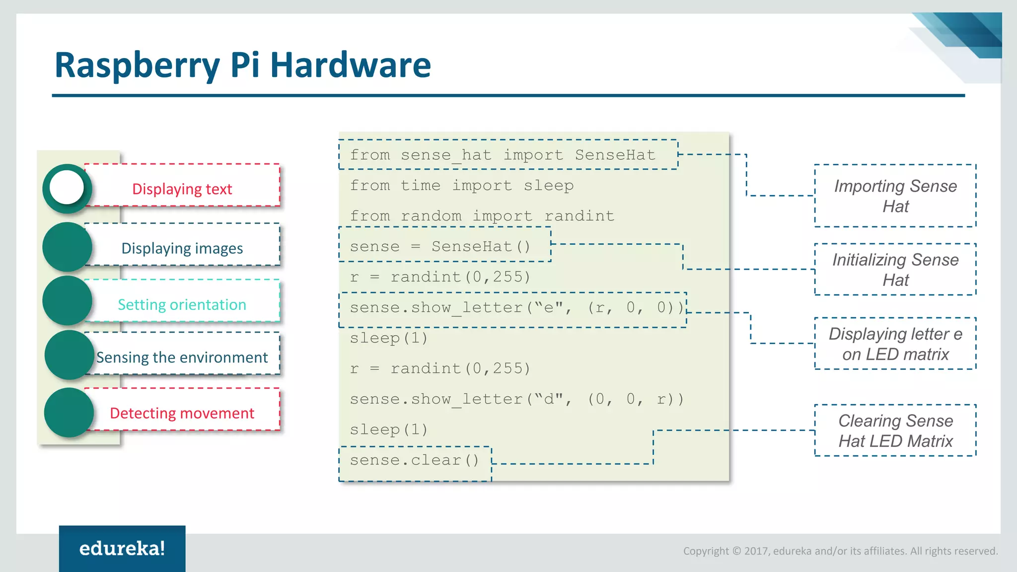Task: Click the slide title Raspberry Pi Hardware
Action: pos(242,65)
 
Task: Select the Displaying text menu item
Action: pos(182,189)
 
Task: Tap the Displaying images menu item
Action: pos(182,248)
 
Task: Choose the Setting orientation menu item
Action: pos(182,304)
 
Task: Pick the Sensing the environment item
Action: pos(182,357)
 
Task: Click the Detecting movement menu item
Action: pos(182,413)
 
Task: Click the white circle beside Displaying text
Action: pos(67,188)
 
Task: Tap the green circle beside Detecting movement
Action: pos(69,413)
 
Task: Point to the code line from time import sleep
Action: pos(461,186)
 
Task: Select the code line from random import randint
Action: pos(482,216)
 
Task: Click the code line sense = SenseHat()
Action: pos(440,246)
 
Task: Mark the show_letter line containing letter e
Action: pos(516,308)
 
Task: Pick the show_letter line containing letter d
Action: pos(516,399)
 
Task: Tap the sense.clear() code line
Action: pos(414,460)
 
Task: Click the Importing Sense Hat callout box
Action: pos(895,196)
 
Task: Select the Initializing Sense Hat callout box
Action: pos(895,270)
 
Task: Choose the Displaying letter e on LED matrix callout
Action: pos(895,344)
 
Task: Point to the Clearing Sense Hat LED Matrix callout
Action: pos(895,430)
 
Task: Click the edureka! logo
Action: pos(122,549)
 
